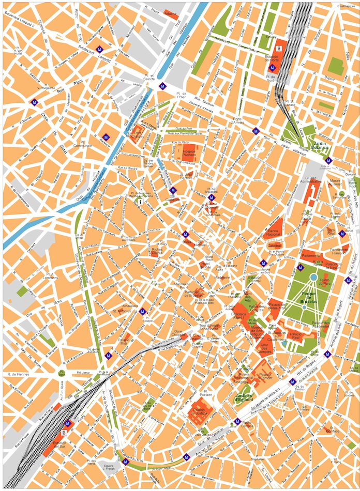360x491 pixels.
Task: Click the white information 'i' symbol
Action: (140, 202)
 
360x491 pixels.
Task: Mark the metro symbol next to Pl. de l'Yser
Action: (163, 86)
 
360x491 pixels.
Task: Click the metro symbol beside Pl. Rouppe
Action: (142, 311)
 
